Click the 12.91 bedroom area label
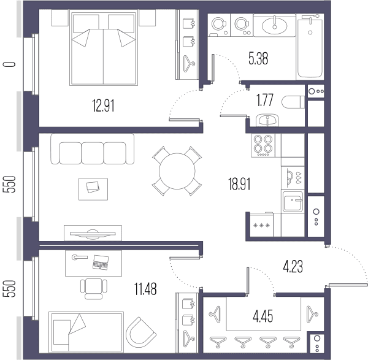[103, 105]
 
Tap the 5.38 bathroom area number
[258, 58]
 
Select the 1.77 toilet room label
[265, 100]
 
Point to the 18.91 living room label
[239, 184]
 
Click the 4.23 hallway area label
[293, 267]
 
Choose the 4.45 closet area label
[263, 316]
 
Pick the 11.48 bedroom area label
[145, 289]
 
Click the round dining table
[177, 171]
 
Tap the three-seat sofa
[93, 149]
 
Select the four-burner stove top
[263, 145]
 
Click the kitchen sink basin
[293, 201]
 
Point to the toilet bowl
[293, 102]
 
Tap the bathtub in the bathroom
[310, 48]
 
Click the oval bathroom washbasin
[274, 26]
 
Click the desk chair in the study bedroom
[94, 289]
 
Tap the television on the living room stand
[93, 234]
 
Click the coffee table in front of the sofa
[93, 189]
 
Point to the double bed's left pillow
[86, 23]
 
